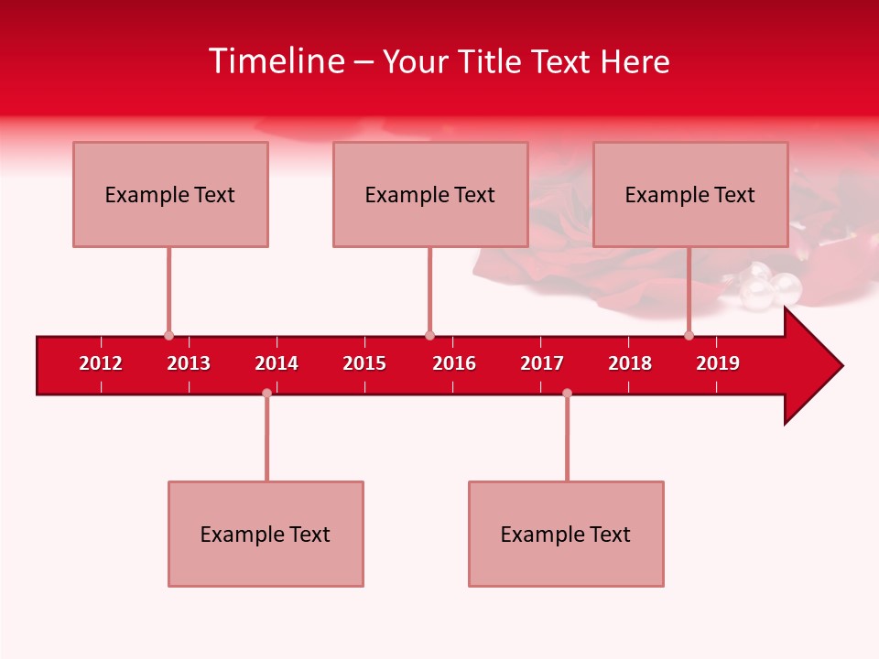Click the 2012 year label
point(101,363)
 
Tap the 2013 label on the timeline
point(189,363)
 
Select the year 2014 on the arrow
point(277,363)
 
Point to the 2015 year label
point(364,363)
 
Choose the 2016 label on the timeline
point(454,363)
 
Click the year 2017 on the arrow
point(542,363)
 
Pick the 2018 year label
point(630,363)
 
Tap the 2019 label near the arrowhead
point(718,363)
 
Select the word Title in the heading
point(492,61)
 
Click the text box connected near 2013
point(170,194)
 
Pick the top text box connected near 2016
point(430,194)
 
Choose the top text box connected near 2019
point(690,194)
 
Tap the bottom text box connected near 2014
point(266,534)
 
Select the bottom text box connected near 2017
point(566,534)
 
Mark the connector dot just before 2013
point(168,335)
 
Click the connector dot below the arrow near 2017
point(567,394)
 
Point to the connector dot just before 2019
point(689,335)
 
